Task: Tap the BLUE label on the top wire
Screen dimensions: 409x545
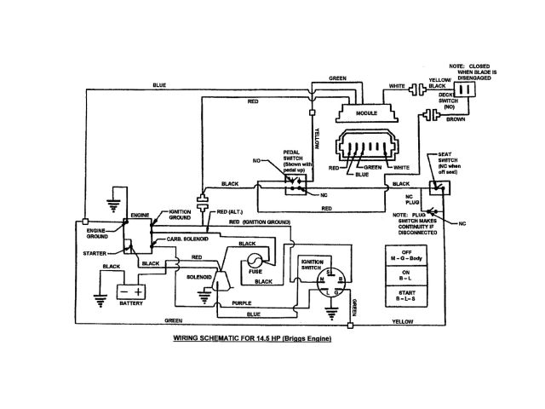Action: [159, 84]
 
